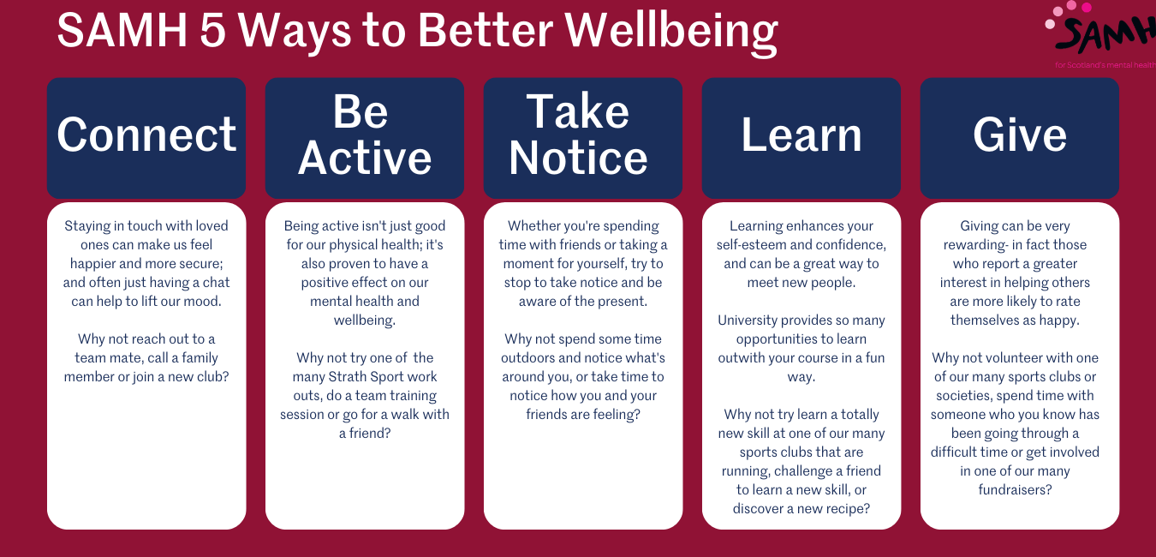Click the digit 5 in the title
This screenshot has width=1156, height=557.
coord(212,31)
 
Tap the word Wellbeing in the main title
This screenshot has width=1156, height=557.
coord(670,32)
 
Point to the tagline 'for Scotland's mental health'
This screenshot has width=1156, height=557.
coord(1105,65)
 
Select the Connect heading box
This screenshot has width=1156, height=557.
coord(146,138)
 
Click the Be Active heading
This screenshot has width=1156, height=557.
coord(365,135)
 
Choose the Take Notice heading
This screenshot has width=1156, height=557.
coord(578,135)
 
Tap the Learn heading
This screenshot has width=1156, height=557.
coord(801,135)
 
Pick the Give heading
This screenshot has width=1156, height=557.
coord(1020,135)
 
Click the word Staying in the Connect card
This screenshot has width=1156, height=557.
coord(87,226)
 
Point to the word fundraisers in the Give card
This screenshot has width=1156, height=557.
coord(1015,489)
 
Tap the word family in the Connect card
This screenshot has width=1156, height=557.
coord(200,358)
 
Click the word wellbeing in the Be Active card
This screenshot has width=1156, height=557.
coord(365,320)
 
